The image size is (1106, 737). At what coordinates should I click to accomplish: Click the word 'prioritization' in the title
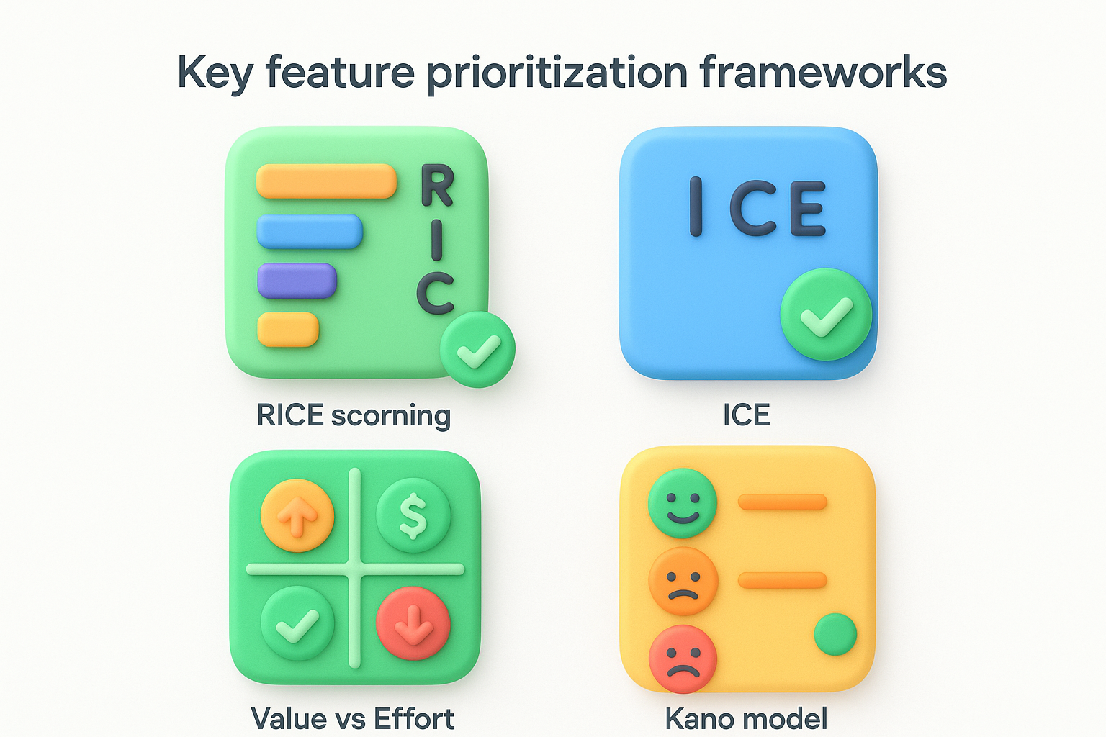coord(557,73)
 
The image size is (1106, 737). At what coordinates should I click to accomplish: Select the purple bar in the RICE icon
coord(297,281)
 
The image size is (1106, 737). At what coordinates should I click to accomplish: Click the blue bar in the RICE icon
coord(310,232)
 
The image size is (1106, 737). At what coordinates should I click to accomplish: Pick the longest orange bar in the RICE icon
coord(326,181)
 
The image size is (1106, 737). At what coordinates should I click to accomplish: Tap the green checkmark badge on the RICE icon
coord(477,350)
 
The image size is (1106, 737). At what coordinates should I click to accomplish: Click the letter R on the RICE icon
coord(437,186)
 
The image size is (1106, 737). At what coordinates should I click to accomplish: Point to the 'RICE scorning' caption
coord(354,415)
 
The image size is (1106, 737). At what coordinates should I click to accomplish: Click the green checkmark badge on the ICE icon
coord(826,315)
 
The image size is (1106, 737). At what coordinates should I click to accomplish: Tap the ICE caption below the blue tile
coord(747,415)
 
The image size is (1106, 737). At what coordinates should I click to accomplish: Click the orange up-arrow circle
coord(297,515)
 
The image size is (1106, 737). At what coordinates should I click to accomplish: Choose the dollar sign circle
coord(413,515)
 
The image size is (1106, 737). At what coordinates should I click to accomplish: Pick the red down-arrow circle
coord(413,623)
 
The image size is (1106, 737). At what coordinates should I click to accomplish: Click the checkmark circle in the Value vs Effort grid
coord(297,623)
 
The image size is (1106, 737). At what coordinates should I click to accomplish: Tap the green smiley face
coord(683,503)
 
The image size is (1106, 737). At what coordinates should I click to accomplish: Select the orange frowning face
coord(683,581)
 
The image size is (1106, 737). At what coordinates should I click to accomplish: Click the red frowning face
coord(683,659)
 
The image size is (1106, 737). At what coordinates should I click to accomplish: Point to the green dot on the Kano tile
coord(835,634)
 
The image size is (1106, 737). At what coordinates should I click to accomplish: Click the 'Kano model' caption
coord(746,719)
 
